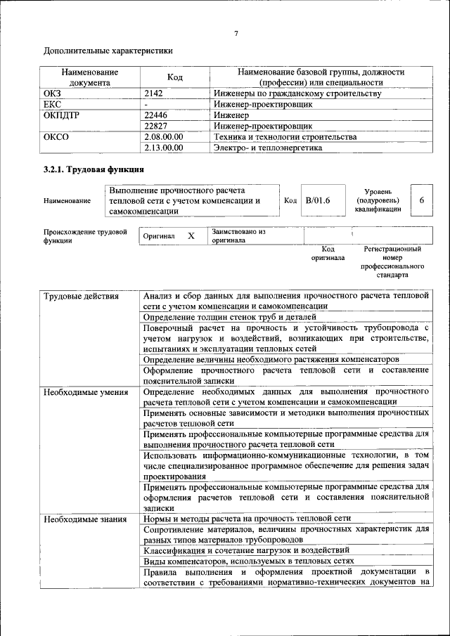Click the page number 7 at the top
click(236, 34)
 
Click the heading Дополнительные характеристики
click(108, 51)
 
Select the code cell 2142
click(154, 93)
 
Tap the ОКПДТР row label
click(61, 115)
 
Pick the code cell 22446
click(156, 115)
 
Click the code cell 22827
click(156, 126)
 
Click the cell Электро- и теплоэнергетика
click(268, 148)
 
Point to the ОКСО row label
click(56, 137)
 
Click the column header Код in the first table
click(174, 77)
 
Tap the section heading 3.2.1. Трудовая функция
click(94, 169)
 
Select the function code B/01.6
click(318, 200)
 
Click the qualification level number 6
click(421, 200)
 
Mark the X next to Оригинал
click(191, 236)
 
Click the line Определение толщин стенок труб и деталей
click(224, 317)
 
